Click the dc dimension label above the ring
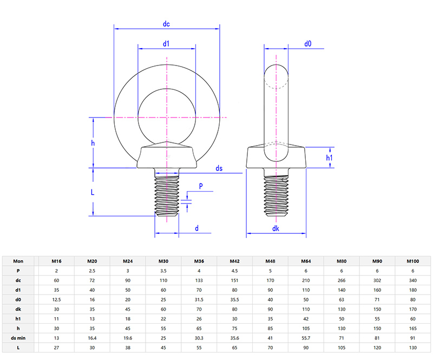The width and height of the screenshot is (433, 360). (x=167, y=24)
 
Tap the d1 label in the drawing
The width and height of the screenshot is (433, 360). (x=167, y=43)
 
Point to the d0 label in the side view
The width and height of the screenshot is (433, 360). (x=307, y=43)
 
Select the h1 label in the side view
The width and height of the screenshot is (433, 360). (x=329, y=158)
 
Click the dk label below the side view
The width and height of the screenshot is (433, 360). (x=276, y=229)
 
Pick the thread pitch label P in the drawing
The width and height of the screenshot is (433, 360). (x=201, y=186)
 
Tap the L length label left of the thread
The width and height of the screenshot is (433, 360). (x=93, y=192)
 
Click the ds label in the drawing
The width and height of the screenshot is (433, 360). (x=219, y=169)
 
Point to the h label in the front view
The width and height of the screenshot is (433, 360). (x=93, y=143)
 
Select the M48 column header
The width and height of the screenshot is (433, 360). (x=270, y=261)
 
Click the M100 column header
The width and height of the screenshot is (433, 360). (x=413, y=261)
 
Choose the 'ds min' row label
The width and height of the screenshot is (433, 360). (x=18, y=338)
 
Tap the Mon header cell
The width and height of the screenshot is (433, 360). (x=18, y=261)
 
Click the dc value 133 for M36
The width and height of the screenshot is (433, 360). (x=199, y=280)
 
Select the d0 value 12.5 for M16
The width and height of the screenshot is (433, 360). (x=56, y=299)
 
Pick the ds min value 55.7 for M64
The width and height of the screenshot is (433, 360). (x=306, y=338)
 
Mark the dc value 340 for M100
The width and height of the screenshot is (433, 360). (x=413, y=280)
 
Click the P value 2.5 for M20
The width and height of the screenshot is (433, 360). (x=92, y=271)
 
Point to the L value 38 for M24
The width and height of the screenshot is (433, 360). (x=128, y=347)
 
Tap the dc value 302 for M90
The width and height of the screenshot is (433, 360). (x=377, y=280)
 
